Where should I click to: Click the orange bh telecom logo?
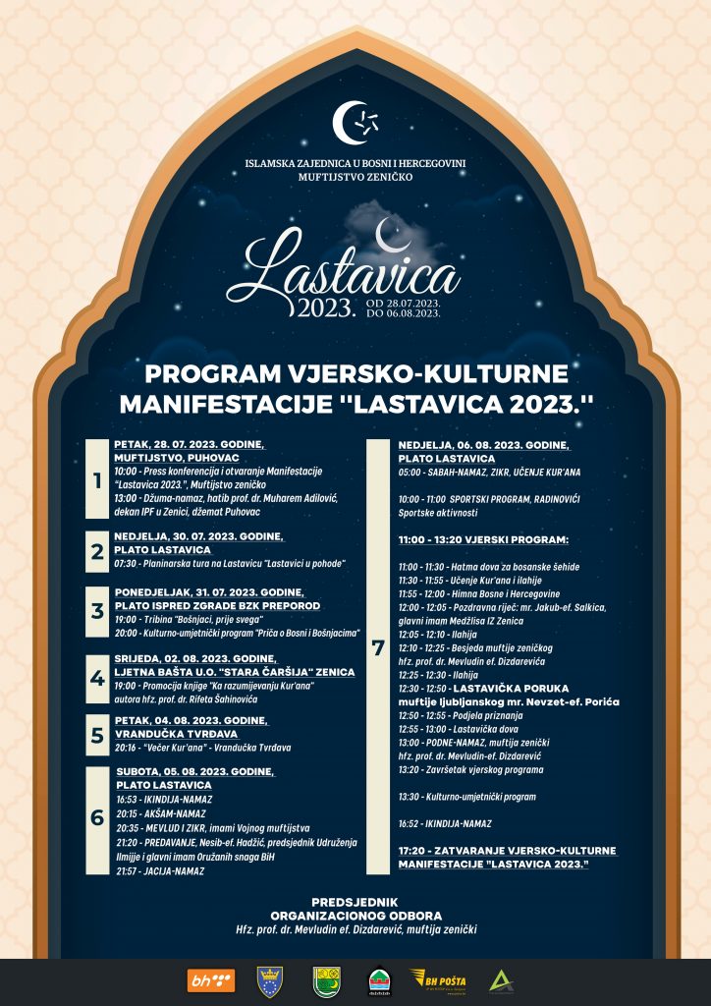(x=210, y=980)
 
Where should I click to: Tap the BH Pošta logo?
(x=438, y=980)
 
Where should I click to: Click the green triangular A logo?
(x=501, y=980)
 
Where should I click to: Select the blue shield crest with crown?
(x=269, y=980)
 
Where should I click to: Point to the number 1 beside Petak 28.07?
(x=96, y=481)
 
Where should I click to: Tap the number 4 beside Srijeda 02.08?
(x=96, y=679)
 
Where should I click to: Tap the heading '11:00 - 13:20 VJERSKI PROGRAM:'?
(x=483, y=540)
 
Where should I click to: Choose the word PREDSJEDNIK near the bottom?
(x=355, y=901)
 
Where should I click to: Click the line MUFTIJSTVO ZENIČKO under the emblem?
(x=355, y=178)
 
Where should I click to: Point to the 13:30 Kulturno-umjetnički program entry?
(x=466, y=796)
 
